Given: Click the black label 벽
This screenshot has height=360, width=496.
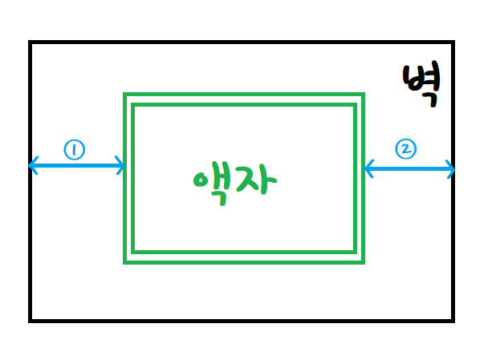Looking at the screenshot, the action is [421, 85].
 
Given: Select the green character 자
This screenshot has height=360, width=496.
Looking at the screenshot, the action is [258, 183].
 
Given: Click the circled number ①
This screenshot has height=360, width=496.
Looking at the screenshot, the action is [74, 150].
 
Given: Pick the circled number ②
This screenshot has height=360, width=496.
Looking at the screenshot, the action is [405, 148].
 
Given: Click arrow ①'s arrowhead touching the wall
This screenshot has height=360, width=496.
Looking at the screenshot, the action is [32, 166].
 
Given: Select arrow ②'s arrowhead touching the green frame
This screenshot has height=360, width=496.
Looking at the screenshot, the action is [366, 168].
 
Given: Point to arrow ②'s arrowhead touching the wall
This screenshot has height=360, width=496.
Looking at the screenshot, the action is [452, 169].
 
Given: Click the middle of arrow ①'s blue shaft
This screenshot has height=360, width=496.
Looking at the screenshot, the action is [77, 167].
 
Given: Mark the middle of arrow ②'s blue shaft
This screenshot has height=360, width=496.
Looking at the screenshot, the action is [409, 168].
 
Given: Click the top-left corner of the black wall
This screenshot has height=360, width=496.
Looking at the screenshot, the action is [30, 42].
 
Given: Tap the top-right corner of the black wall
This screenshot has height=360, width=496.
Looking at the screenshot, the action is [453, 42].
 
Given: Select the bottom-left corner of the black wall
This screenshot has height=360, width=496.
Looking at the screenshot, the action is [30, 320].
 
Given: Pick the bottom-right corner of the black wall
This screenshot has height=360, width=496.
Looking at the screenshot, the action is [453, 320].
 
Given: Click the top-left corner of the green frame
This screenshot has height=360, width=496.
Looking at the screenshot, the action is [125, 95].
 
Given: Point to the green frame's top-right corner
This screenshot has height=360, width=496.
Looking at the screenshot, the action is [363, 95].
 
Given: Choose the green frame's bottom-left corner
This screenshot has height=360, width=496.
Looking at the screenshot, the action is [125, 261].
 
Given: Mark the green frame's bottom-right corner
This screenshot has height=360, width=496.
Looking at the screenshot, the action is [363, 261].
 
